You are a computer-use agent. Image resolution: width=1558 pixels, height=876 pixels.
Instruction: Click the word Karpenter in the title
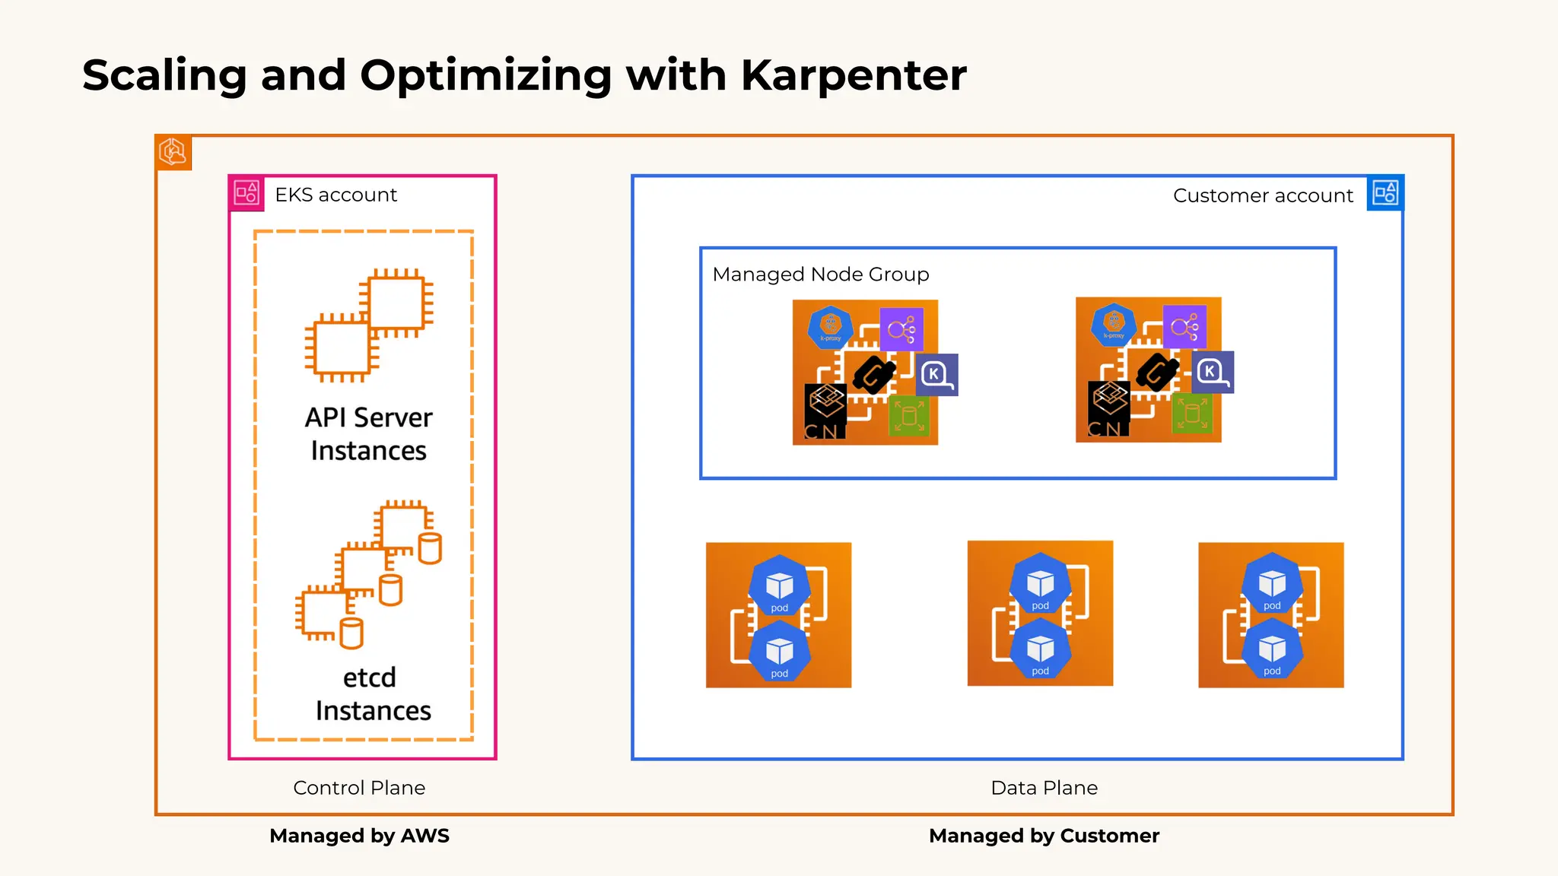tap(853, 76)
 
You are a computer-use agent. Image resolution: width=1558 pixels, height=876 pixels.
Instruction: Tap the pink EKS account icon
tap(246, 193)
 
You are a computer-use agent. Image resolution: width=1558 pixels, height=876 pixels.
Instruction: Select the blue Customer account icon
tap(1385, 193)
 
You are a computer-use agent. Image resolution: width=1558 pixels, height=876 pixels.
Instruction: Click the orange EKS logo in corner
tap(173, 152)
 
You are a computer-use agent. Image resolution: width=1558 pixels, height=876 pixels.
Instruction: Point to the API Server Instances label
tap(369, 433)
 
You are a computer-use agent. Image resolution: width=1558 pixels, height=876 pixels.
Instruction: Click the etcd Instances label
tap(372, 693)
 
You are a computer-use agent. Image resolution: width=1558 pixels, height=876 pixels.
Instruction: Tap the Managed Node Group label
tap(820, 275)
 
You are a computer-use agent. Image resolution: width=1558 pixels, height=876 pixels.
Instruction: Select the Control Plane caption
tap(359, 788)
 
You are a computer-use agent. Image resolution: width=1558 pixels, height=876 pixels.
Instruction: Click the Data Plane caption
tap(1044, 788)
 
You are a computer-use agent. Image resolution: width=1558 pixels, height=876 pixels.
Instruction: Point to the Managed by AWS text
tap(359, 836)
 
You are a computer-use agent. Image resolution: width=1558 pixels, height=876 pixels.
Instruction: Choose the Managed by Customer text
tap(1044, 836)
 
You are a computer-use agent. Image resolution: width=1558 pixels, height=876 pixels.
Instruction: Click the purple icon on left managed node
tap(901, 329)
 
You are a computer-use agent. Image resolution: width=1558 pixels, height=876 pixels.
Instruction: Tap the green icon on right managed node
tap(1192, 414)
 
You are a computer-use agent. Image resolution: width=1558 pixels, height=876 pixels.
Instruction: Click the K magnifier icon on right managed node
tap(1212, 372)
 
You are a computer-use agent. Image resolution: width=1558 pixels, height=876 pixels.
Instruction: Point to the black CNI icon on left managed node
tap(825, 411)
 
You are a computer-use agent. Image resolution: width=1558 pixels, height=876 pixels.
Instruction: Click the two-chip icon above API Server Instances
tap(369, 325)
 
